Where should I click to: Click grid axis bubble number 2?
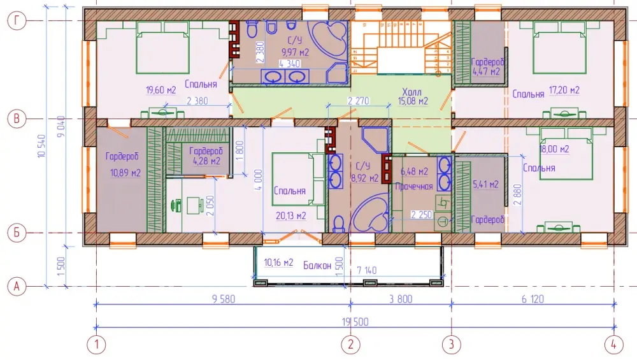coord(350,345)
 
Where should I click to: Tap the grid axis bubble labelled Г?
coord(17,20)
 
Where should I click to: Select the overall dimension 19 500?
coord(355,322)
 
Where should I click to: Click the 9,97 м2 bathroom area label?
coord(296,52)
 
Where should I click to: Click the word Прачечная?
coord(414,187)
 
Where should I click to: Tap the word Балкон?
coord(317,266)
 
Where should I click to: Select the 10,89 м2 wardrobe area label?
coord(125,173)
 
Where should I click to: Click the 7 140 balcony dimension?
coord(366,270)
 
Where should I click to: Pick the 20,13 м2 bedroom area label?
coord(291,216)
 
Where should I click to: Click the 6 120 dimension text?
coord(533,299)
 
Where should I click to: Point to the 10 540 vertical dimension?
coord(41,147)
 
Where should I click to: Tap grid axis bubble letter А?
coord(17,287)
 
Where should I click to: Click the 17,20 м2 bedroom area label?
coord(564,90)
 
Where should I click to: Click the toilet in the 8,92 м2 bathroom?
coord(338,224)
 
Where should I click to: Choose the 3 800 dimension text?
coord(401,299)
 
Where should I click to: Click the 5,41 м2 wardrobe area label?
coord(486,185)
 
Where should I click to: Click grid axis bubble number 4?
coord(613,345)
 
